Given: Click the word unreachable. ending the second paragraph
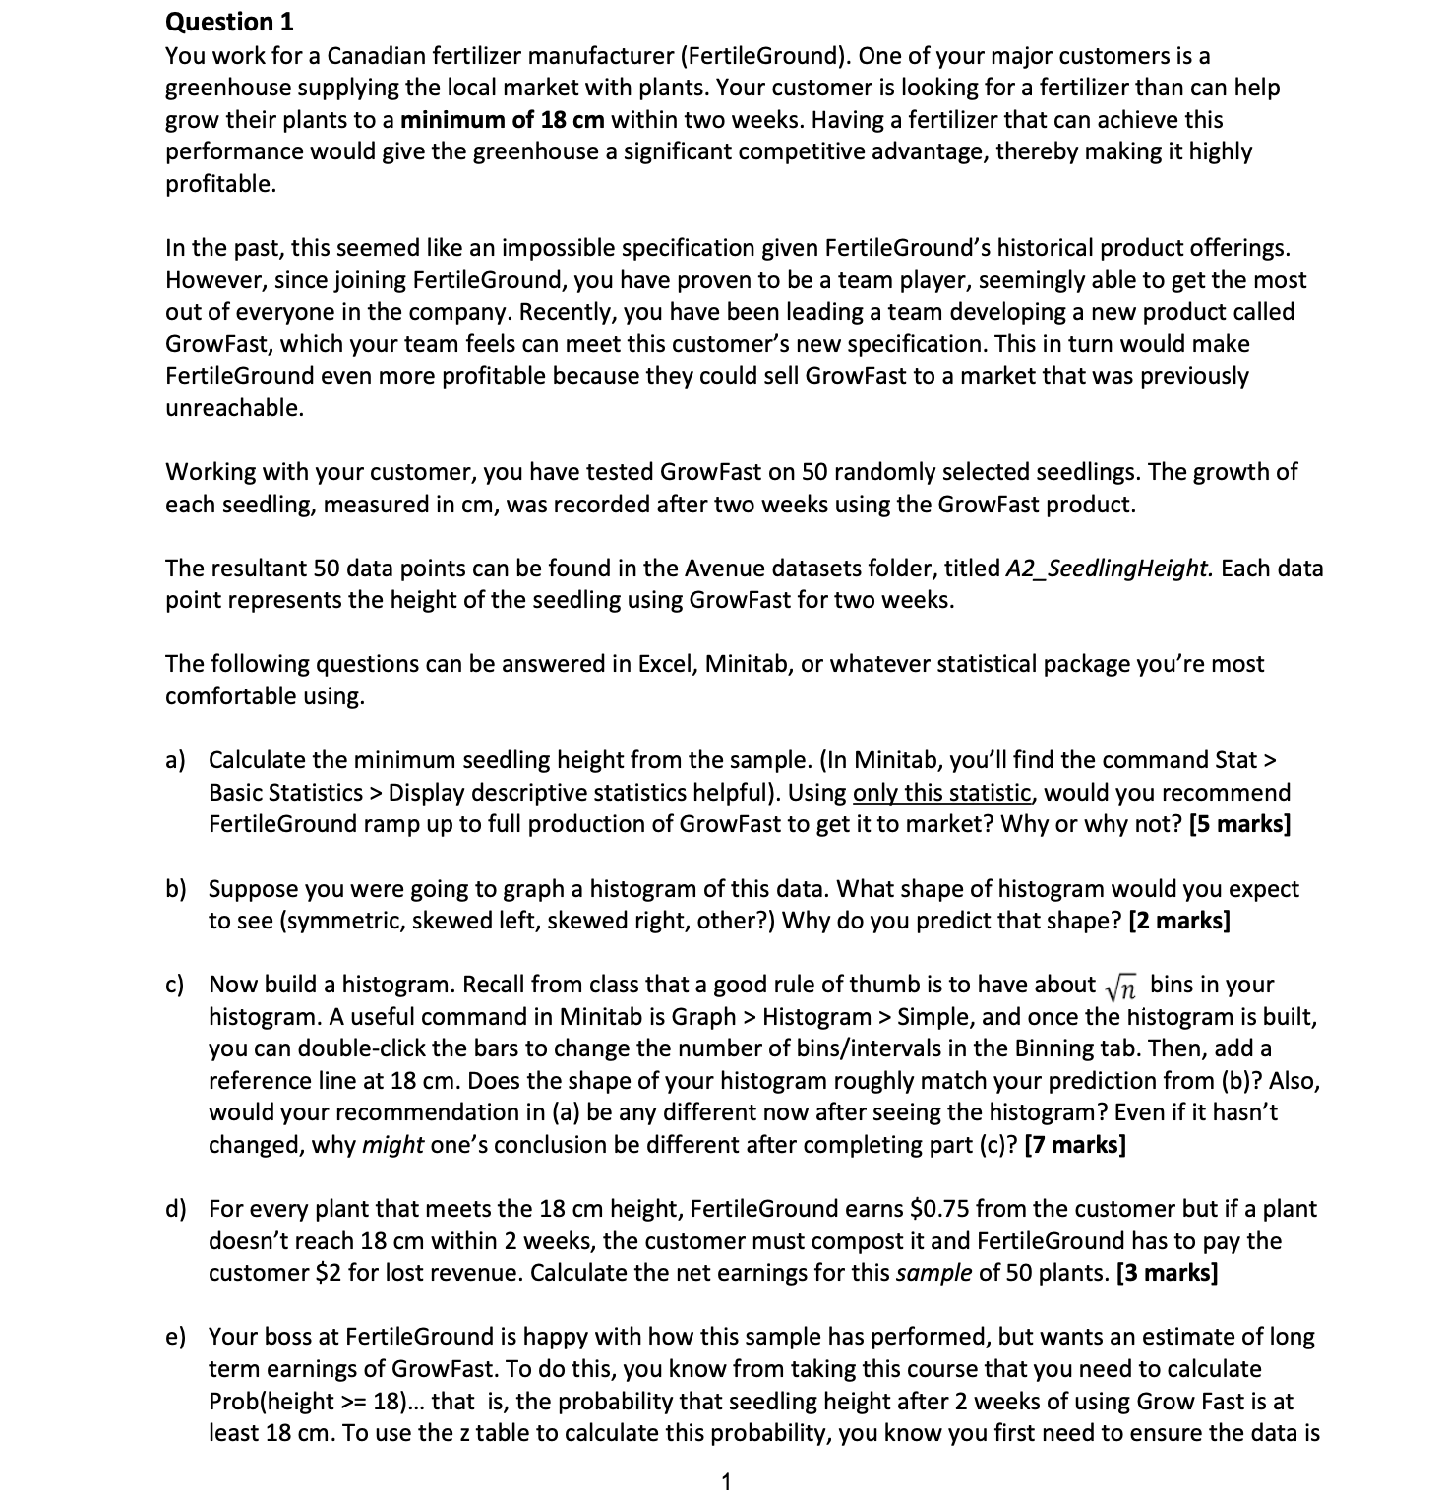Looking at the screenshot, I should [x=234, y=408].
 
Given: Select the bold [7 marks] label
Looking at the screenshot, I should [x=1075, y=1145].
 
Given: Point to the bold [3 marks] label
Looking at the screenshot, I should [x=1167, y=1273].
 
